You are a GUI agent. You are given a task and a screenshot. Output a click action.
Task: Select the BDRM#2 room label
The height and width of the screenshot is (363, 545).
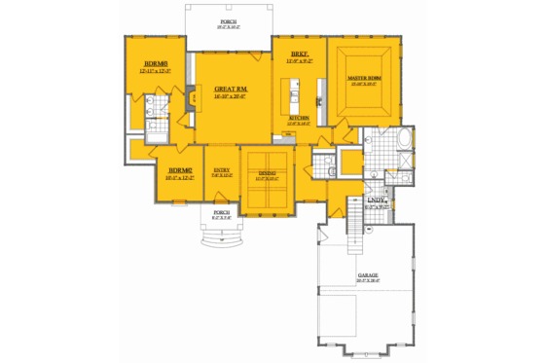click(x=180, y=170)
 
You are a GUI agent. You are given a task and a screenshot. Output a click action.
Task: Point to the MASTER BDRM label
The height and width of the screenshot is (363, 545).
click(x=365, y=77)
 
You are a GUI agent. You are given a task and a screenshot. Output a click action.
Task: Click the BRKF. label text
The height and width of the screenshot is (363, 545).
click(x=298, y=54)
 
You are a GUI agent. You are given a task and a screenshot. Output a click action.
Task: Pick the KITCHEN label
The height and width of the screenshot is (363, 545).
click(x=298, y=120)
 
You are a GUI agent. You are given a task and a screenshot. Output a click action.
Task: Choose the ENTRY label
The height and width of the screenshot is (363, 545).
click(x=222, y=170)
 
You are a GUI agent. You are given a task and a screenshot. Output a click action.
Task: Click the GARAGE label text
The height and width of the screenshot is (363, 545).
click(x=367, y=275)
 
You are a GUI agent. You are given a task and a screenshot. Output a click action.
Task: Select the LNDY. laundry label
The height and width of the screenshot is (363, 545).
click(x=376, y=202)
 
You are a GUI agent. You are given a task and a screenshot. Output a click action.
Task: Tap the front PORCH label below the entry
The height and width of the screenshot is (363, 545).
click(x=221, y=213)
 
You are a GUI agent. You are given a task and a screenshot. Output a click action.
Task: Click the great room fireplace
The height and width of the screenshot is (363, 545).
click(x=190, y=97)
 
